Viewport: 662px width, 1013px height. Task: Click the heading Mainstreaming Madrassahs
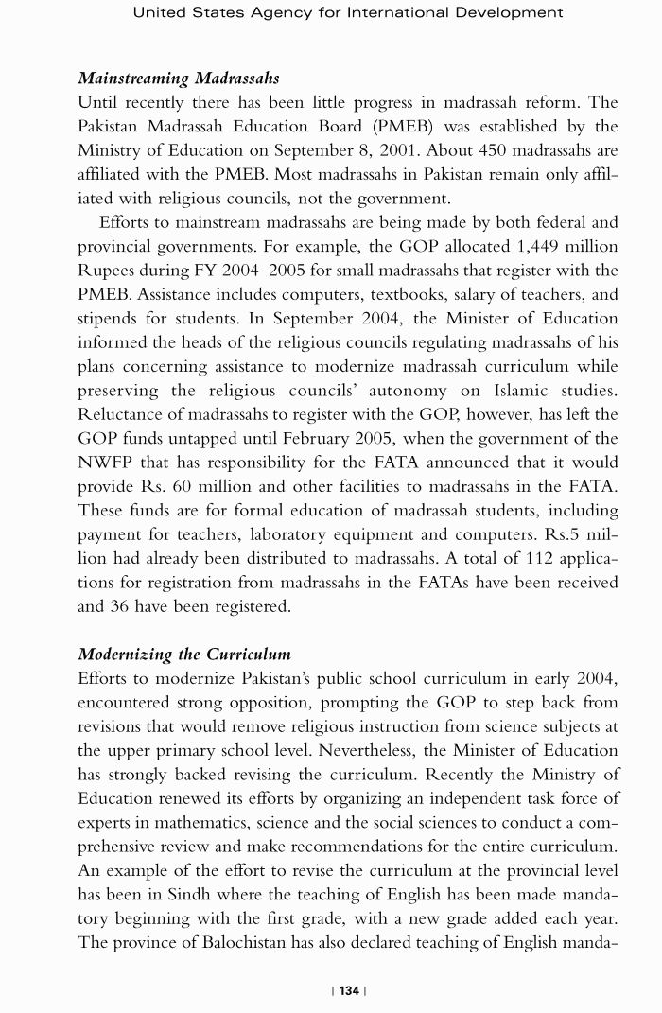point(178,78)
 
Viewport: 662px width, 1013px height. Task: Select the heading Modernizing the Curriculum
point(184,655)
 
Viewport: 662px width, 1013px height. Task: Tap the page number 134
point(349,990)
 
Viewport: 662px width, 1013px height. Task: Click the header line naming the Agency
point(348,12)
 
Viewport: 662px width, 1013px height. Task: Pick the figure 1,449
point(528,246)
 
